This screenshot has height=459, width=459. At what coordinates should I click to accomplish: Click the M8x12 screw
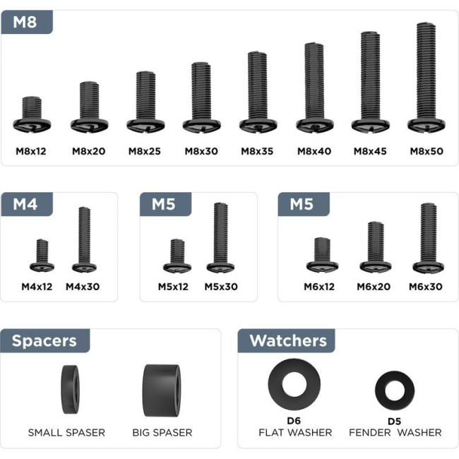(32, 114)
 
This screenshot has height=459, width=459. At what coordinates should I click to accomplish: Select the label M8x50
(427, 151)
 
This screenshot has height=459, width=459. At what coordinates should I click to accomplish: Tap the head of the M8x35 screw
(258, 126)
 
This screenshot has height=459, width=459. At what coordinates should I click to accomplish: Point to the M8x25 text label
(145, 151)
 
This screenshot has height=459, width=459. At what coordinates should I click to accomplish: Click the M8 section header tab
(27, 22)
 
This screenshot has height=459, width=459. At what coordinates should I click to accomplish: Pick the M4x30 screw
(84, 240)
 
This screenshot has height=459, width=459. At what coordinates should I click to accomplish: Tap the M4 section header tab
(27, 204)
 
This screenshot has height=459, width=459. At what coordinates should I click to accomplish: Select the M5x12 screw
(177, 256)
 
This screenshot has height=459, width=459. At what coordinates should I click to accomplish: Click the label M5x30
(221, 287)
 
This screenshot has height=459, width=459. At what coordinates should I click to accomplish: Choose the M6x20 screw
(376, 247)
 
